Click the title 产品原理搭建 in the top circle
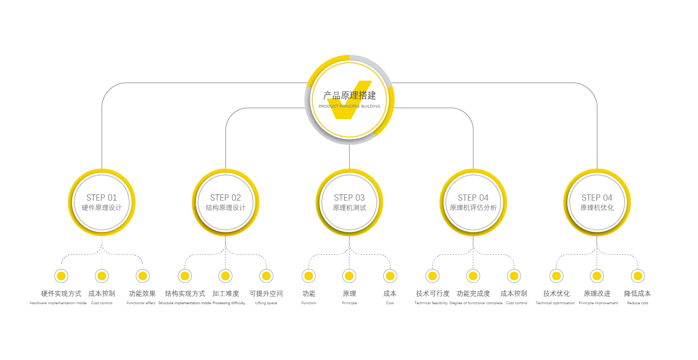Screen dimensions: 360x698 point(349,95)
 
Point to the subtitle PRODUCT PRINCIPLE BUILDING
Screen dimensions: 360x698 point(349,107)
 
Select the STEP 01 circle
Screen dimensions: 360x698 point(102,202)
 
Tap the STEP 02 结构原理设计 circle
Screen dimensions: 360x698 point(226,202)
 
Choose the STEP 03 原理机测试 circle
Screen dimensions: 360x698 point(349,202)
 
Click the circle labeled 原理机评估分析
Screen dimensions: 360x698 point(473,202)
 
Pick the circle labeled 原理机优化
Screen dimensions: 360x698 point(597,202)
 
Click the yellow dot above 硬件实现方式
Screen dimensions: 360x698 point(61,276)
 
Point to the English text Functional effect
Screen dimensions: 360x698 point(141,303)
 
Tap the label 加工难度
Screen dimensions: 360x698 point(226,294)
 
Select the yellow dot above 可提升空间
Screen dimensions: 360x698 point(266,276)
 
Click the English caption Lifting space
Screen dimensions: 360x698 point(266,303)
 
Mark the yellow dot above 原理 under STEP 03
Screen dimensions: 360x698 point(349,276)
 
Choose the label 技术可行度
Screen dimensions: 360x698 point(432,294)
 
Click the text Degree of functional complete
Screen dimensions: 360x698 point(476,303)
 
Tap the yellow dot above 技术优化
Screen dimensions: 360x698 point(556,276)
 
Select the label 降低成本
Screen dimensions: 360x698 point(638,294)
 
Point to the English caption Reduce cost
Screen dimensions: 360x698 point(638,303)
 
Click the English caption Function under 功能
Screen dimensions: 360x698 point(309,303)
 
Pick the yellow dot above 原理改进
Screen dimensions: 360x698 point(597,276)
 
